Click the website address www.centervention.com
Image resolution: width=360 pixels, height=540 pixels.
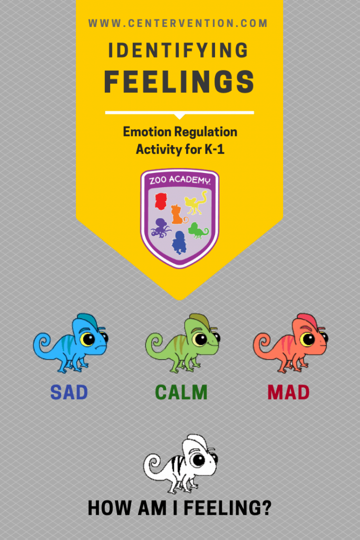178,23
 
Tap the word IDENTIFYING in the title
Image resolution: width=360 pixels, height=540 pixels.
178,50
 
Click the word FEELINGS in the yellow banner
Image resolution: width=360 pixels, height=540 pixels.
179,82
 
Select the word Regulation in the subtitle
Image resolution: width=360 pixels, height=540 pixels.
206,132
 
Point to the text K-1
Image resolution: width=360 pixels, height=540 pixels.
215,149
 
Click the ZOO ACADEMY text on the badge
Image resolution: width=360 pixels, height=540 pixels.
180,180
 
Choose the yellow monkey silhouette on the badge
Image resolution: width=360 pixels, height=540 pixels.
196,202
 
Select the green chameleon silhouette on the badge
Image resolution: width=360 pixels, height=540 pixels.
198,230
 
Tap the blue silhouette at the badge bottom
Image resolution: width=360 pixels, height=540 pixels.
179,242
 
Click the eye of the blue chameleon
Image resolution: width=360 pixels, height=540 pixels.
88,339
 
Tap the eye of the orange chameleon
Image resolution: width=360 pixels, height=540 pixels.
307,339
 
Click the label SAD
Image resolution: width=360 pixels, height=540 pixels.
69,392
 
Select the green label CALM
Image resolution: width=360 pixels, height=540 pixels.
181,392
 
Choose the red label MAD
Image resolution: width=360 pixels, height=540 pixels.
288,392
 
